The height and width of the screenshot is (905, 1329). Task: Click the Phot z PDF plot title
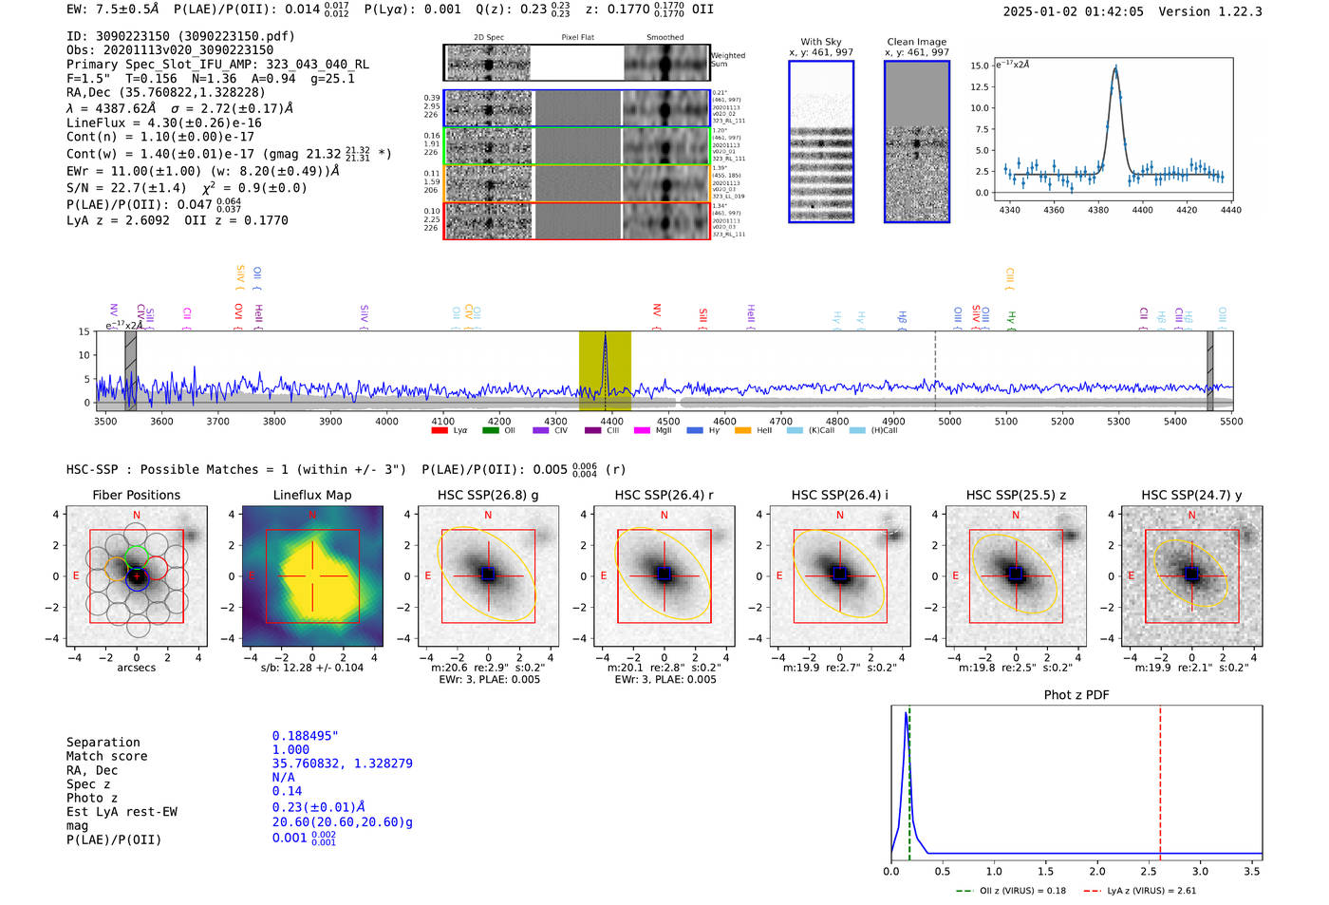click(1076, 695)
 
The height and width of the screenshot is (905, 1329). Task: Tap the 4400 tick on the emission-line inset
click(1142, 210)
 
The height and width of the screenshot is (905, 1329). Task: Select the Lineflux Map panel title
click(312, 495)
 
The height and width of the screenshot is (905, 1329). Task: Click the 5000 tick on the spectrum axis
click(949, 422)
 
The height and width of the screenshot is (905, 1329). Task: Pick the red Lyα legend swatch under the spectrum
click(440, 431)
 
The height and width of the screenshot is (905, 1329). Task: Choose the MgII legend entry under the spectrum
click(655, 431)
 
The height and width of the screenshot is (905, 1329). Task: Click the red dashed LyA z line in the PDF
click(1160, 779)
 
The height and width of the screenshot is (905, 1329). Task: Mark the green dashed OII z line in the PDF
click(909, 779)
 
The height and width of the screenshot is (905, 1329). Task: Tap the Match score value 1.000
click(290, 749)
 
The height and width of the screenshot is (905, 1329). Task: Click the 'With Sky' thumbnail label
click(821, 42)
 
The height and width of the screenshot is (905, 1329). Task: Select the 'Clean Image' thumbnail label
click(917, 42)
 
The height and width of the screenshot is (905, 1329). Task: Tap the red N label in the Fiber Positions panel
click(137, 516)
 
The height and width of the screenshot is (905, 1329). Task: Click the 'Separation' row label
click(103, 743)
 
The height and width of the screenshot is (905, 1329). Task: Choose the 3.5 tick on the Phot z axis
click(1252, 871)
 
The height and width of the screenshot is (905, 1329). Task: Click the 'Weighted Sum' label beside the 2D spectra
click(728, 60)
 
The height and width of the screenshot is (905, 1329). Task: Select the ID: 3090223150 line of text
click(180, 36)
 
